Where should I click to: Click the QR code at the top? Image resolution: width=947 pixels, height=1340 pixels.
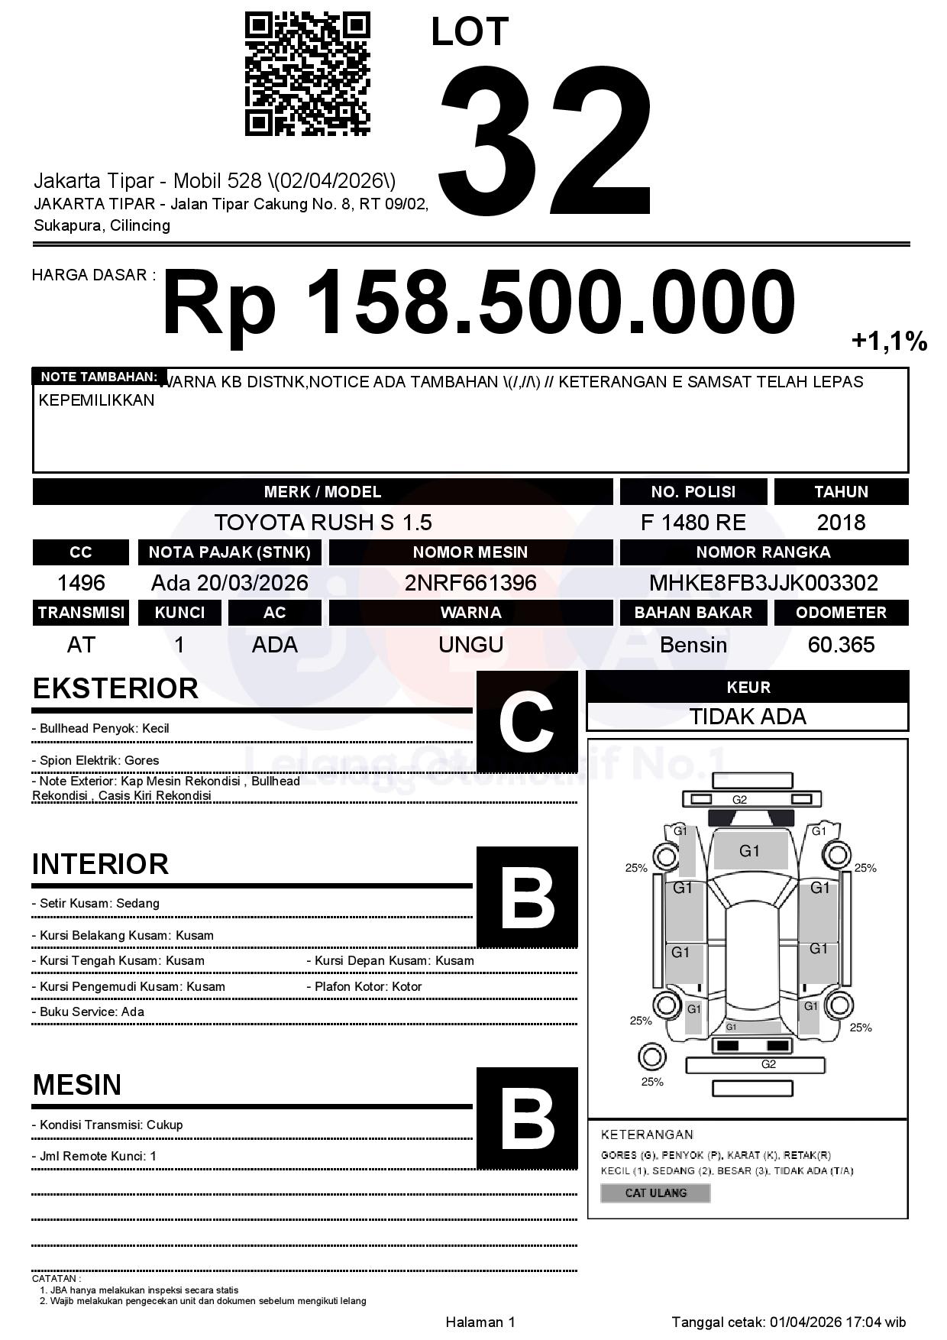(307, 74)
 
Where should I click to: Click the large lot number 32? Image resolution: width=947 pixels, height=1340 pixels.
(545, 141)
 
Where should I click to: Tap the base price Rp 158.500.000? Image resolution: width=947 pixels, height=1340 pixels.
(479, 303)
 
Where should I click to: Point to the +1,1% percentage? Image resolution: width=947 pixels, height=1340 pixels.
(889, 341)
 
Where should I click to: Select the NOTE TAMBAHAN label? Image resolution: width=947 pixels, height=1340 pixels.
(99, 377)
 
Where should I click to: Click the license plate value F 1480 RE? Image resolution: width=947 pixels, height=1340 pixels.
(693, 523)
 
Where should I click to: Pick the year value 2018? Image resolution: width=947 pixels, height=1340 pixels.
(841, 523)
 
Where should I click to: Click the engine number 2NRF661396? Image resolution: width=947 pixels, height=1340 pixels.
(470, 583)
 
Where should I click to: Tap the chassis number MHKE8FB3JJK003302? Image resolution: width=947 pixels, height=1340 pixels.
(763, 583)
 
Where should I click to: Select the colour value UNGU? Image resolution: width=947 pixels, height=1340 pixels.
(470, 645)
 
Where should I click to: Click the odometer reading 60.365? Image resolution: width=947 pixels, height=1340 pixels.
(841, 645)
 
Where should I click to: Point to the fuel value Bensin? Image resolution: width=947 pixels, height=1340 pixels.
(693, 645)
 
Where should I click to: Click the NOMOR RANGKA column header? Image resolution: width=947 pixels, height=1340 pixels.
(763, 552)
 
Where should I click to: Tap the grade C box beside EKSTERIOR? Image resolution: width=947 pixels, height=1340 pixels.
(526, 721)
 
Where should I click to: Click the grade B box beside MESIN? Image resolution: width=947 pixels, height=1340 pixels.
(526, 1118)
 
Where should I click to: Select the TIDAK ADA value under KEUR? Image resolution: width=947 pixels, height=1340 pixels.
(748, 717)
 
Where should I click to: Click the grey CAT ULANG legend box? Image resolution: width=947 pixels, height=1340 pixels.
(655, 1193)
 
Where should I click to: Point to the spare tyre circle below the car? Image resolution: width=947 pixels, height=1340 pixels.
(651, 1057)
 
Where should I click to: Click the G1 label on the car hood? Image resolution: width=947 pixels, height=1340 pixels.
(749, 851)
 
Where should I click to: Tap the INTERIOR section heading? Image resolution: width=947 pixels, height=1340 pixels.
(100, 864)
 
